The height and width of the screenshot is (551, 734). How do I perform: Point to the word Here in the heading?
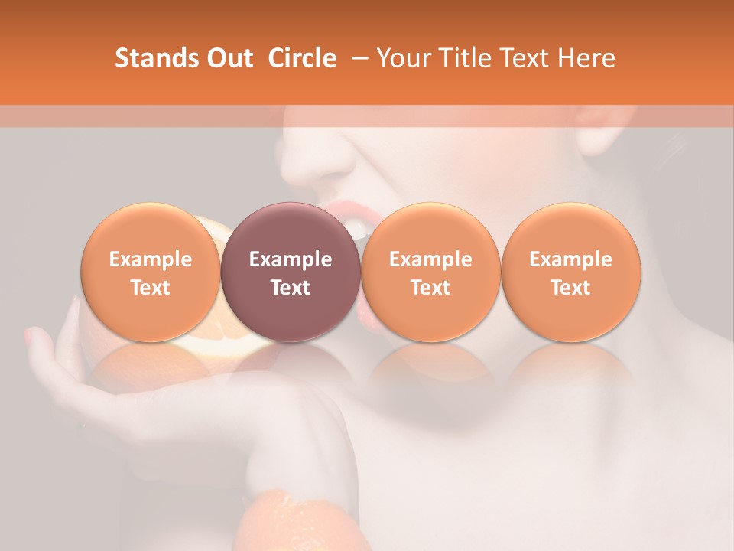586,58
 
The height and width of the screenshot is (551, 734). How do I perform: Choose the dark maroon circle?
291,272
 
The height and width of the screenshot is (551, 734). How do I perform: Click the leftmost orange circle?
150,272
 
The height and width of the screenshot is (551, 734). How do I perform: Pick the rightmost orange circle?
570,272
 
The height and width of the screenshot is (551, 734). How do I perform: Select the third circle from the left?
430,272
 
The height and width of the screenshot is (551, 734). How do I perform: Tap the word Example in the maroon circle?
291,259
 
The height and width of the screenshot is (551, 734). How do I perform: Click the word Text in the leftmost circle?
150,288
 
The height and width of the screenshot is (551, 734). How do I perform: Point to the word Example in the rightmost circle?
570,259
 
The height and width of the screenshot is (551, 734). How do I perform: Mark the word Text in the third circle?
430,288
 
